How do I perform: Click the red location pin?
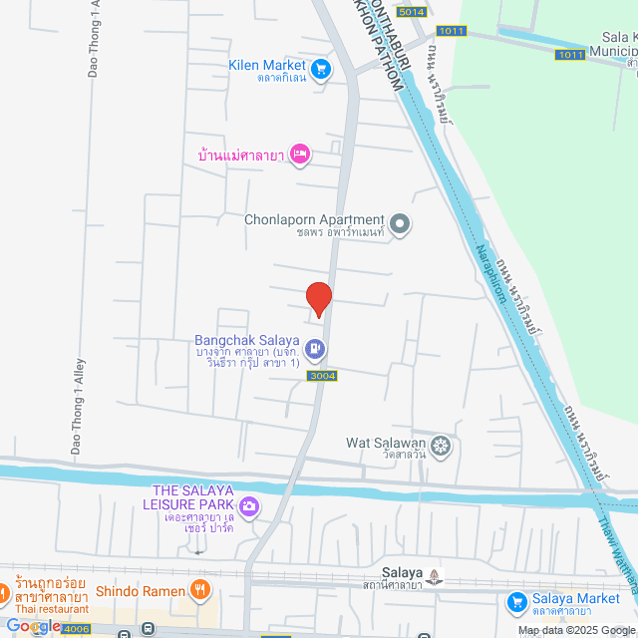tap(318, 298)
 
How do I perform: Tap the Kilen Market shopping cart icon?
tap(320, 69)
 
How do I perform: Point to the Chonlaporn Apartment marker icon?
tap(400, 224)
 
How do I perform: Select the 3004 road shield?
tap(323, 376)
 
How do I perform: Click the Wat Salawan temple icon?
tap(442, 446)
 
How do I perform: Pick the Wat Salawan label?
tap(386, 443)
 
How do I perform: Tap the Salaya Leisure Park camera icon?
tap(248, 506)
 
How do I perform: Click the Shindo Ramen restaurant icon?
tap(200, 590)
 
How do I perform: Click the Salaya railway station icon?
tap(435, 575)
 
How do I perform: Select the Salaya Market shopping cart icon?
tap(516, 601)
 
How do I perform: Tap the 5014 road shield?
tap(410, 12)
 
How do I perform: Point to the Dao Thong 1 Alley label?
tap(77, 409)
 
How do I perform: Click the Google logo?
tap(34, 626)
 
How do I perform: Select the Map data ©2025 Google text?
tap(574, 630)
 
